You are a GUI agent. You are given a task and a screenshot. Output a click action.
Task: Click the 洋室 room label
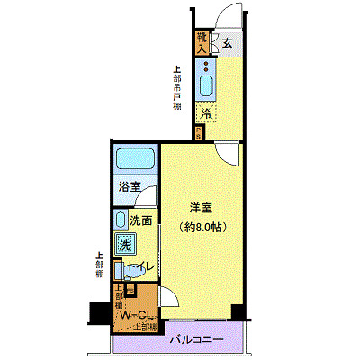pyautogui.click(x=200, y=207)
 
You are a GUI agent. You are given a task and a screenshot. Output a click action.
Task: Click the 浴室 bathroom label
pyautogui.click(x=130, y=187)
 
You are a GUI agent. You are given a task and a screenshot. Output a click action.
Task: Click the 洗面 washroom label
pyautogui.click(x=139, y=220)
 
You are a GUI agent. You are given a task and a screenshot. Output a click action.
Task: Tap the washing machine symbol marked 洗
pyautogui.click(x=124, y=243)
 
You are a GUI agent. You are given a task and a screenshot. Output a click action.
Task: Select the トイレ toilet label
pyautogui.click(x=139, y=267)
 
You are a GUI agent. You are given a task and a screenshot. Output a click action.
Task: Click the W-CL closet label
pyautogui.click(x=137, y=315)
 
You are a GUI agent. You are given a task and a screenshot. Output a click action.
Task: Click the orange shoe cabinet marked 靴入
pyautogui.click(x=202, y=41)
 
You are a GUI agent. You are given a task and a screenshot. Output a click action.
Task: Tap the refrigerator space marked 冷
pyautogui.click(x=207, y=113)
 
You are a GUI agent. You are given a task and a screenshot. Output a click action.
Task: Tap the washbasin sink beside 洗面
pyautogui.click(x=121, y=220)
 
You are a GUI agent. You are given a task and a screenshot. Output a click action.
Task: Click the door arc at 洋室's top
pyautogui.click(x=229, y=153)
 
